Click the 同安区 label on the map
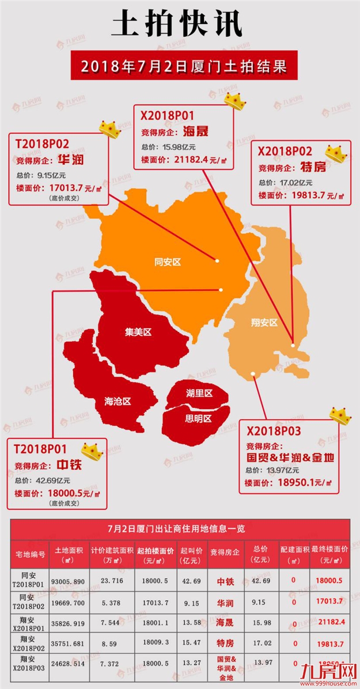[x=168, y=262]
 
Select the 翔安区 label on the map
[x=264, y=323]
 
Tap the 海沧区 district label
[x=118, y=401]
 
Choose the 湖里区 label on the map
[x=199, y=393]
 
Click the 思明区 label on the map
[x=198, y=419]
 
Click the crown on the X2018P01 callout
[x=235, y=101]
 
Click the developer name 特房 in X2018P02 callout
[x=313, y=168]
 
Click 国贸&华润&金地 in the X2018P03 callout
[x=290, y=458]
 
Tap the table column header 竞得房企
[x=224, y=552]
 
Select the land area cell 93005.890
[x=69, y=581]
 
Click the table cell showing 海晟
[x=224, y=622]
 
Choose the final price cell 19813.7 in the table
[x=329, y=642]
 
